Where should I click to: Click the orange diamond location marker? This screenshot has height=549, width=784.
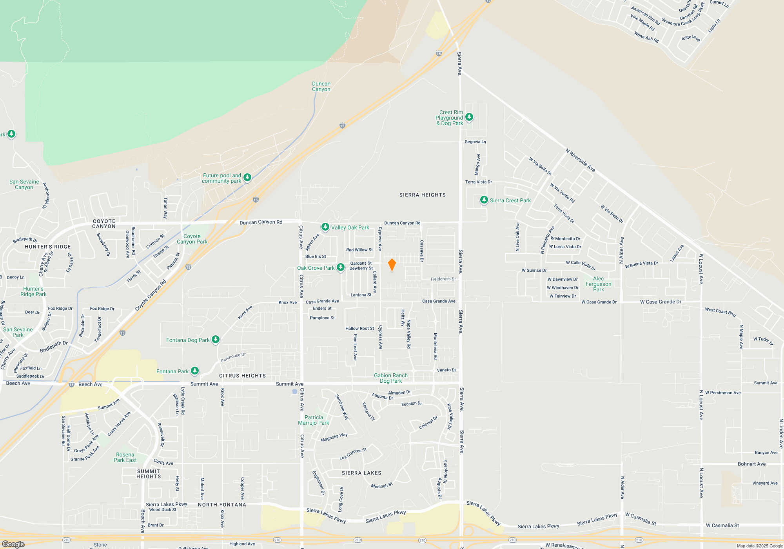392,265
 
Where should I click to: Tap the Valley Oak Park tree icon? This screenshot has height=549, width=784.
325,227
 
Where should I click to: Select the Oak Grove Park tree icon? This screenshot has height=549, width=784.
341,267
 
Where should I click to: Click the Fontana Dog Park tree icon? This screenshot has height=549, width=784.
215,340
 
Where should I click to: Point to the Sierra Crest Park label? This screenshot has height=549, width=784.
510,200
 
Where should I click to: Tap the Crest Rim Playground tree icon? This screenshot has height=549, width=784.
469,117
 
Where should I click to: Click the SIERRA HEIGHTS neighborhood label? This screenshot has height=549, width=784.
422,195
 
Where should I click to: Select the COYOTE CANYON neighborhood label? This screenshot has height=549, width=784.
104,224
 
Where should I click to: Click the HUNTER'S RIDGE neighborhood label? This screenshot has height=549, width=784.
48,247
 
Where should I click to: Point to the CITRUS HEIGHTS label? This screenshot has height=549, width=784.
242,376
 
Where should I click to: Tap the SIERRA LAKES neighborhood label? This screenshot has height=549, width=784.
361,473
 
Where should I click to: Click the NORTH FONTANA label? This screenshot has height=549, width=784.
222,505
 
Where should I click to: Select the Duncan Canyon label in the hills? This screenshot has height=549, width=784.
321,86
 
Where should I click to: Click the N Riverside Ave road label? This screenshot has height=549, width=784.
580,160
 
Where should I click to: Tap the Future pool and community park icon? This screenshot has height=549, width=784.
247,178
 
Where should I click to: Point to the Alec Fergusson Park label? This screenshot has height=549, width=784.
598,284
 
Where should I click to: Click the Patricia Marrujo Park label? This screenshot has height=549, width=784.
314,420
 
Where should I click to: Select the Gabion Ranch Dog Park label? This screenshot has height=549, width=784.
390,378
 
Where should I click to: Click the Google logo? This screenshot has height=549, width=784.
13,544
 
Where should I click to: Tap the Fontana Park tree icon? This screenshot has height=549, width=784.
194,371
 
